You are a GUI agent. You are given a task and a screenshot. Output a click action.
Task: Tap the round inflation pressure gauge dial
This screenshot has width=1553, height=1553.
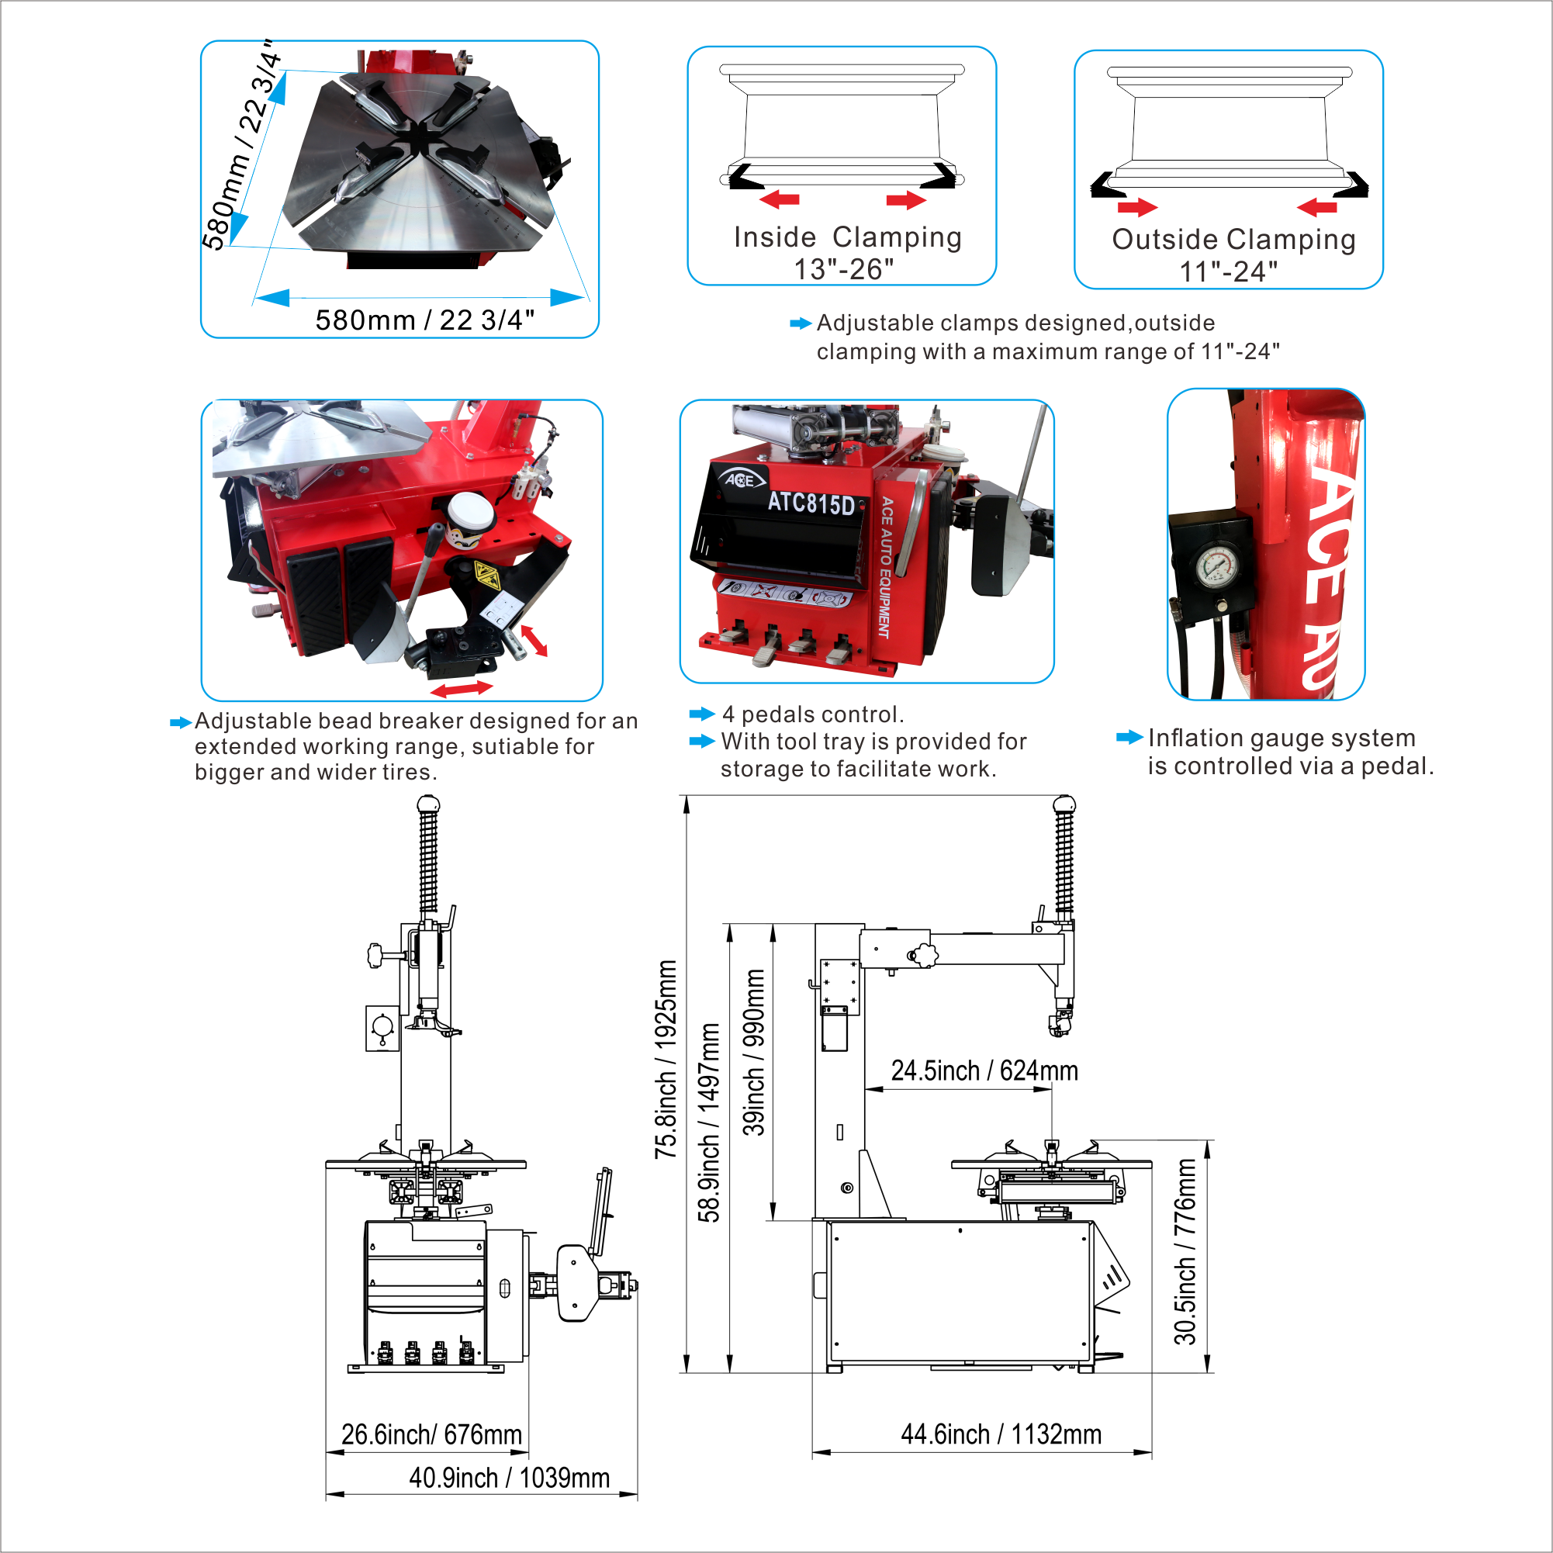pyautogui.click(x=1218, y=568)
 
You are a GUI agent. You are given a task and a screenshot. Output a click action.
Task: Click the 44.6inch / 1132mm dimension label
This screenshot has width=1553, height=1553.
pyautogui.click(x=1001, y=1434)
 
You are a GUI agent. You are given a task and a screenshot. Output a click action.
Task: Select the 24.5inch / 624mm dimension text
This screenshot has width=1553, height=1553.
pyautogui.click(x=984, y=1070)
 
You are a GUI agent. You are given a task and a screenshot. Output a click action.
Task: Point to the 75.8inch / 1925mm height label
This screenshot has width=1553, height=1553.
pyautogui.click(x=666, y=1060)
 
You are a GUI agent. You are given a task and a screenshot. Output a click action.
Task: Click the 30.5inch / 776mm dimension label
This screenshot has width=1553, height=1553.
pyautogui.click(x=1184, y=1251)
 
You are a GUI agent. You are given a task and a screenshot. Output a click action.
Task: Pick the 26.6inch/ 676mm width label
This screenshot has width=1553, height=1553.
pyautogui.click(x=431, y=1434)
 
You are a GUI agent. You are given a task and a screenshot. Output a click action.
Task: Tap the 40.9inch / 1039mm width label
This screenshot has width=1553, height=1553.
pyautogui.click(x=509, y=1478)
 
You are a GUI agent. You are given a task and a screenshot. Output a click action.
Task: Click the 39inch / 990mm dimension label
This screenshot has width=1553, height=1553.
pyautogui.click(x=753, y=1052)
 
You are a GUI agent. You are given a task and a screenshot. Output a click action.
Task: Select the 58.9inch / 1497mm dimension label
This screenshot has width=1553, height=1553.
pyautogui.click(x=708, y=1123)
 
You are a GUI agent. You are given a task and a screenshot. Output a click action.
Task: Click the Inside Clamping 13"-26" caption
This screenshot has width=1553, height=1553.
pyautogui.click(x=847, y=252)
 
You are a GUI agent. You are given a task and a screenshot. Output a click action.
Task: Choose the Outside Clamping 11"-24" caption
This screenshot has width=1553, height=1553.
pyautogui.click(x=1233, y=254)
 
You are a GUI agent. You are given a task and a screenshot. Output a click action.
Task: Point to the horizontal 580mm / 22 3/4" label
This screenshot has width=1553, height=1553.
pyautogui.click(x=424, y=320)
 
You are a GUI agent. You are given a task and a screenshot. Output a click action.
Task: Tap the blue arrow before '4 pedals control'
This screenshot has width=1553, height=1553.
pyautogui.click(x=702, y=714)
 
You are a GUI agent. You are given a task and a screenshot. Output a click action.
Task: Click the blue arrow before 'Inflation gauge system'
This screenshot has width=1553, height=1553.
pyautogui.click(x=1129, y=737)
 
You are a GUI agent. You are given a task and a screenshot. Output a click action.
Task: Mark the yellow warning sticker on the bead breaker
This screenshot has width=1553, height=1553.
pyautogui.click(x=486, y=576)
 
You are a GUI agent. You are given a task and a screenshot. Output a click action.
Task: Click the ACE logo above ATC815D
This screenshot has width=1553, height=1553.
pyautogui.click(x=740, y=480)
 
